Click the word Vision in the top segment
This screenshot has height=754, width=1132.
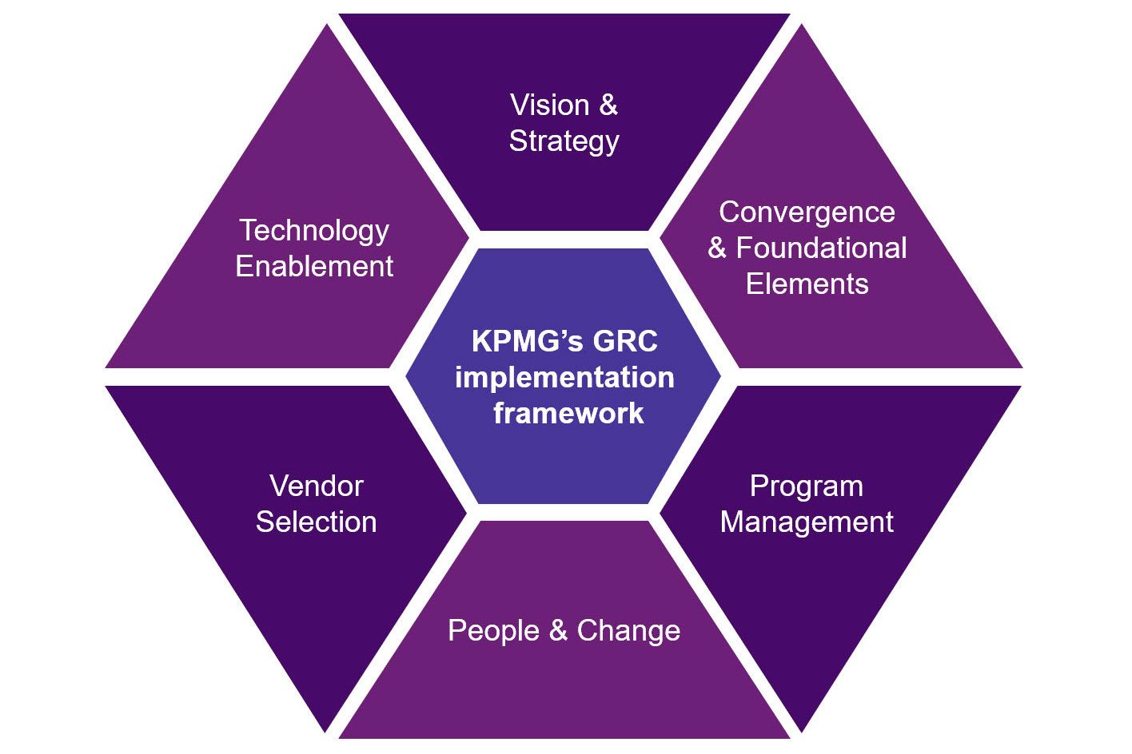[549, 105]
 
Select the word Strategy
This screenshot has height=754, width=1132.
[564, 141]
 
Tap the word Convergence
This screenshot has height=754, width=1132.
[807, 212]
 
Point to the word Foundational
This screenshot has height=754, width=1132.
[821, 248]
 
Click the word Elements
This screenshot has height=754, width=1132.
[807, 284]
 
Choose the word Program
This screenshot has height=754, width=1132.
[806, 486]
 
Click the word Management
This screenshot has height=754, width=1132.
[807, 522]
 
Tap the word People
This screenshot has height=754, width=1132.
[493, 631]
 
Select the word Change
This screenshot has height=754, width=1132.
[628, 631]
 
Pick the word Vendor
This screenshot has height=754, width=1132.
[317, 486]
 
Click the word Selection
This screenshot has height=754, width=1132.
[317, 522]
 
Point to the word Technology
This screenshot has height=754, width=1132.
[314, 231]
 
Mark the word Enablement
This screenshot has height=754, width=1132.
[314, 267]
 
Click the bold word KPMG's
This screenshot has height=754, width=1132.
[518, 342]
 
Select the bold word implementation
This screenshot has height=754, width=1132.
[564, 378]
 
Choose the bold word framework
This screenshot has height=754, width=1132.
[568, 414]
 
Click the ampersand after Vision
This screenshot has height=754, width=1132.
[608, 105]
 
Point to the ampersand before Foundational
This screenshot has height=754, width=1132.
[717, 248]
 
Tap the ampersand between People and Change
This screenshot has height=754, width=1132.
[558, 631]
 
